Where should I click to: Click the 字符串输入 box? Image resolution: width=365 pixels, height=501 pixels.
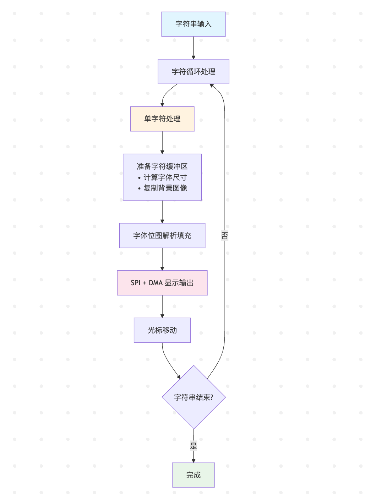194,24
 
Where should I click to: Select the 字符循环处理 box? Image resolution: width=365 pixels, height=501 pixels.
194,72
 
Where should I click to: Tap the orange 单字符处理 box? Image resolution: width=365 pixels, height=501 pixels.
162,119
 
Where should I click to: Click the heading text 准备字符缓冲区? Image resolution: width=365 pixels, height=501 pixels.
162,166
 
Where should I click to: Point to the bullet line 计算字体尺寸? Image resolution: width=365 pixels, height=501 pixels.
165,177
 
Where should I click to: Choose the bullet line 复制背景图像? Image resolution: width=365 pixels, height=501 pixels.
165,188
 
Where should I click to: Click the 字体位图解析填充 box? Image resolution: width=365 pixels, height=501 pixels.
162,236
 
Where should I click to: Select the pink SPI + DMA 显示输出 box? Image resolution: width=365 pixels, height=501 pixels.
162,283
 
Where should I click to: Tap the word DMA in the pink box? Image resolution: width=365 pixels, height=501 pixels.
156,283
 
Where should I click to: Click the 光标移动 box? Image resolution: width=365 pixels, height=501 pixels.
162,330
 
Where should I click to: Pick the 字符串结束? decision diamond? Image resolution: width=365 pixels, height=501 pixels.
194,397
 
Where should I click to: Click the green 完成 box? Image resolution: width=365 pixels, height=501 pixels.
194,475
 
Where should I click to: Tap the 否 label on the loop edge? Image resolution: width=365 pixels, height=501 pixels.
225,235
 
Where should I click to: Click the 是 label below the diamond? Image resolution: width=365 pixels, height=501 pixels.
194,446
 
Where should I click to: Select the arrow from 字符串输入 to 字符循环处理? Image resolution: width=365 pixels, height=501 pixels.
194,48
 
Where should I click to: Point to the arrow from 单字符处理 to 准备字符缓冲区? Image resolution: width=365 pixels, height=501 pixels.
162,143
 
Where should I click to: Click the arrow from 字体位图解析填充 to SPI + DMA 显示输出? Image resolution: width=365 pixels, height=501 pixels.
162,259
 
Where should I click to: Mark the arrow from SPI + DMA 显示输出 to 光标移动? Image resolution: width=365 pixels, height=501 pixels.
162,307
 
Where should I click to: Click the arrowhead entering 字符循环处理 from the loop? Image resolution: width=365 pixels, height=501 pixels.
212,86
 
